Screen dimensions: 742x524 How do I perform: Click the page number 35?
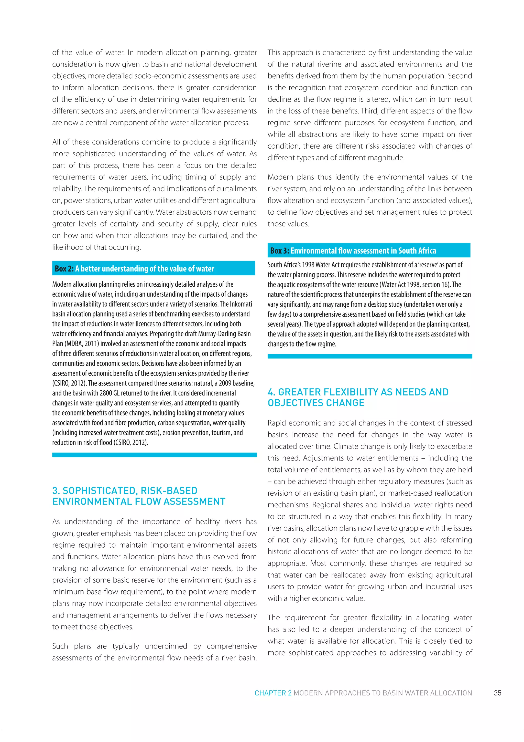498,693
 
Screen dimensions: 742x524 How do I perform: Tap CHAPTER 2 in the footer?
273,693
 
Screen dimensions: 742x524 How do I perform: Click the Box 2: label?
64,269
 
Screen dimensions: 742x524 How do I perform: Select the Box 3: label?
280,250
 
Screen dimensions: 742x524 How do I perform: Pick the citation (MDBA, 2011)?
80,343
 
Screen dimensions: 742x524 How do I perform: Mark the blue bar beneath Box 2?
154,455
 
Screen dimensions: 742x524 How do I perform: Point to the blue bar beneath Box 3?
370,356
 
